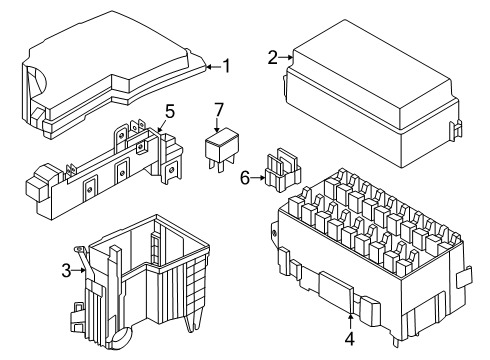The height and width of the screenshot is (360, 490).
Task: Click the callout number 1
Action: [x=227, y=66]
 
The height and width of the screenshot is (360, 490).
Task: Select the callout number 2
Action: [x=273, y=58]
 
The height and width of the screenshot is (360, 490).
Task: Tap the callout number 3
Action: [x=66, y=270]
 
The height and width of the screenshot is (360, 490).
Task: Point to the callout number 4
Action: [x=350, y=339]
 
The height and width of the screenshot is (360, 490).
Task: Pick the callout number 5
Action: [x=170, y=111]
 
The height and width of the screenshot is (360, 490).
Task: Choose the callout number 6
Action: [x=245, y=178]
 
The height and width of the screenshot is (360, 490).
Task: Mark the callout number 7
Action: [x=218, y=110]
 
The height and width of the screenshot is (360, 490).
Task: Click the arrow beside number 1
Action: [x=213, y=67]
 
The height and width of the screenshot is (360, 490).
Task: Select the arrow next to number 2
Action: [x=286, y=58]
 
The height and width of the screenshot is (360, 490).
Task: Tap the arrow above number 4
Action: [x=350, y=322]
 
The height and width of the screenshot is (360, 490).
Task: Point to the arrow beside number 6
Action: [x=258, y=178]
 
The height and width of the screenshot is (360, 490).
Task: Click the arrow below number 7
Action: [x=217, y=125]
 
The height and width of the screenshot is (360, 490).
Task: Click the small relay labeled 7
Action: [x=222, y=151]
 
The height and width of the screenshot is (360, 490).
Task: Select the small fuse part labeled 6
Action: [x=283, y=170]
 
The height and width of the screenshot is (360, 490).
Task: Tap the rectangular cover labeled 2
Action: [x=373, y=94]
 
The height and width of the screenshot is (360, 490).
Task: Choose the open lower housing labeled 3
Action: [x=140, y=283]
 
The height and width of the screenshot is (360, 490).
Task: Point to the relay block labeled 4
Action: [x=370, y=257]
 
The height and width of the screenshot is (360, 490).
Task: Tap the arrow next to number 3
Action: [x=79, y=270]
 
